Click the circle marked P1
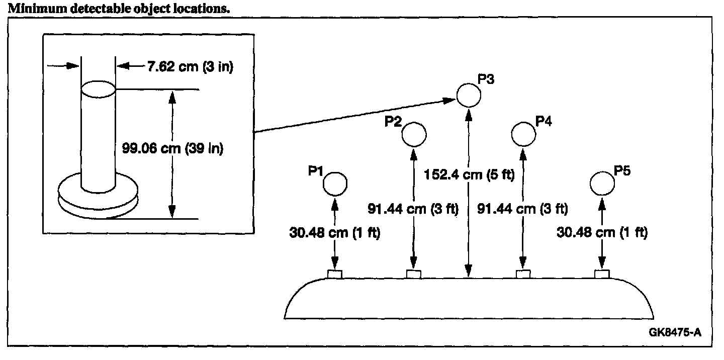[335, 184]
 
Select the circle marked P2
[414, 134]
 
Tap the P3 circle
[469, 95]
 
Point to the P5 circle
[602, 184]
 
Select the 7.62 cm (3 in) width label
[190, 67]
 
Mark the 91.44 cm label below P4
[522, 209]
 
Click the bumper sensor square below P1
[335, 274]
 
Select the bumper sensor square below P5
[602, 274]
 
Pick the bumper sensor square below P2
[414, 274]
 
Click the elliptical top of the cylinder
[99, 89]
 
